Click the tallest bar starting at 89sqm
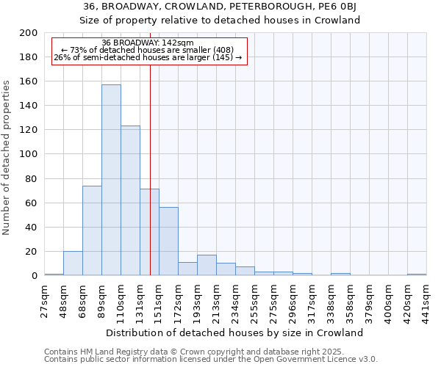pos(111,180)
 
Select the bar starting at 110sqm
pos(130,200)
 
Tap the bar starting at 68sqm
pos(92,230)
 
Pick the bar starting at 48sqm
pos(73,263)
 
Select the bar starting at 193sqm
pos(207,265)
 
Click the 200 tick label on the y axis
pos(29,33)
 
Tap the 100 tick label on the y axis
pos(29,154)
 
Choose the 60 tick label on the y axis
pos(32,203)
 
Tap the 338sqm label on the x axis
pos(331,299)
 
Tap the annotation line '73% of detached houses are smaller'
pos(148,50)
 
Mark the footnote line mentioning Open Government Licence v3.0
pos(211,359)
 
